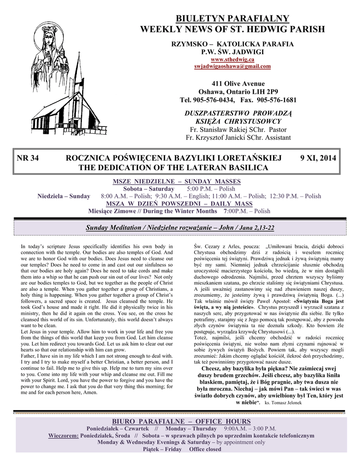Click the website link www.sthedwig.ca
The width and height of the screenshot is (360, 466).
coord(232,60)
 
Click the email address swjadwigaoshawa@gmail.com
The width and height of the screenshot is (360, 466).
coord(232,66)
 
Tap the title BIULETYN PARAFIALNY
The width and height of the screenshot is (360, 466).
coord(232,19)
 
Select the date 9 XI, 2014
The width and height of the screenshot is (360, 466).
coord(318,158)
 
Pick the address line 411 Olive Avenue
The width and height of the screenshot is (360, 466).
coord(232,84)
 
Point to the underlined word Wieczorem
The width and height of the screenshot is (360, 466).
coord(63,435)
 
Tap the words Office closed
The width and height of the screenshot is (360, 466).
coord(205,449)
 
